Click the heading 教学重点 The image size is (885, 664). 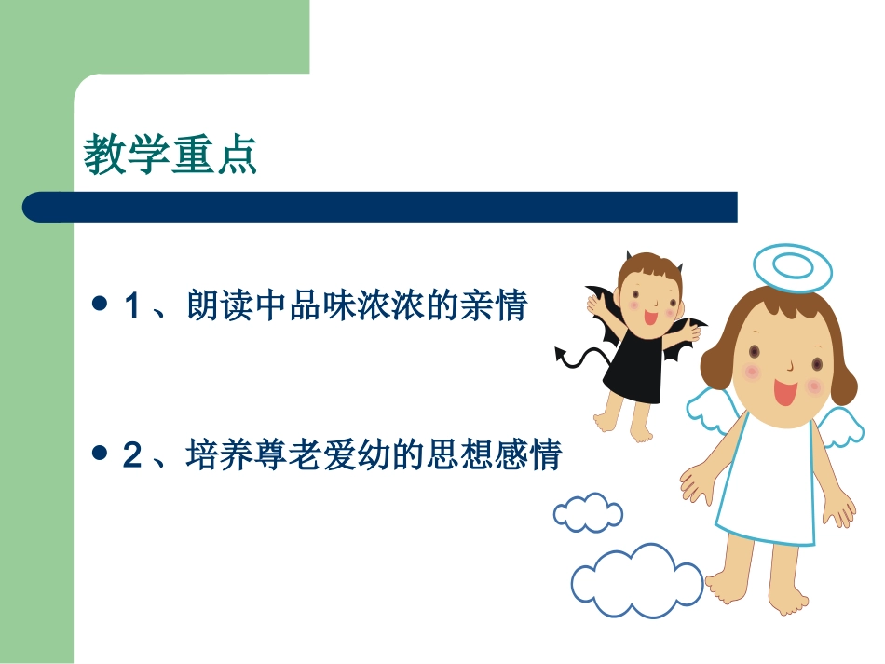click(170, 156)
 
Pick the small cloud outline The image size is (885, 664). click(588, 512)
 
